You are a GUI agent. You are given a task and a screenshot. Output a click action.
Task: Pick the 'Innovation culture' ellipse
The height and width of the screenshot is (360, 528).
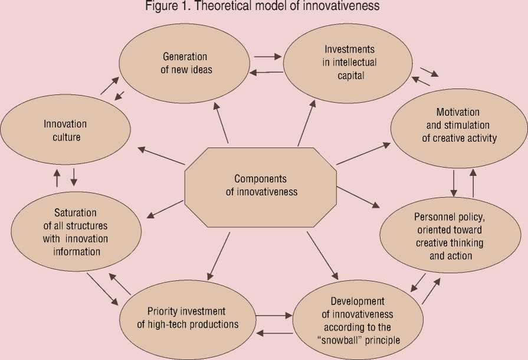(x=65, y=130)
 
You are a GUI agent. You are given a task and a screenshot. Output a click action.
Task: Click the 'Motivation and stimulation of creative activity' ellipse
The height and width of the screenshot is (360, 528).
(x=458, y=125)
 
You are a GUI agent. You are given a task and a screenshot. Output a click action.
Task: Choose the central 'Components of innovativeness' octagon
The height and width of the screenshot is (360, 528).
(x=261, y=185)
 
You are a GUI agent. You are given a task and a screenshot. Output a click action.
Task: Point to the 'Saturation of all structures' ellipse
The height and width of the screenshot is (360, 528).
(x=76, y=232)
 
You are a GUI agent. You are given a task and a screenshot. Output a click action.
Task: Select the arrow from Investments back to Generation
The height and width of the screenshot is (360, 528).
(x=265, y=72)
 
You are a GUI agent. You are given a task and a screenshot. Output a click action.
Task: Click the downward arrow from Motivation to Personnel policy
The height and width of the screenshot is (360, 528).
(x=454, y=184)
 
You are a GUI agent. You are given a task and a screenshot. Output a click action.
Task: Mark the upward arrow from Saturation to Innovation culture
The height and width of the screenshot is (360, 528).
(x=57, y=176)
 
